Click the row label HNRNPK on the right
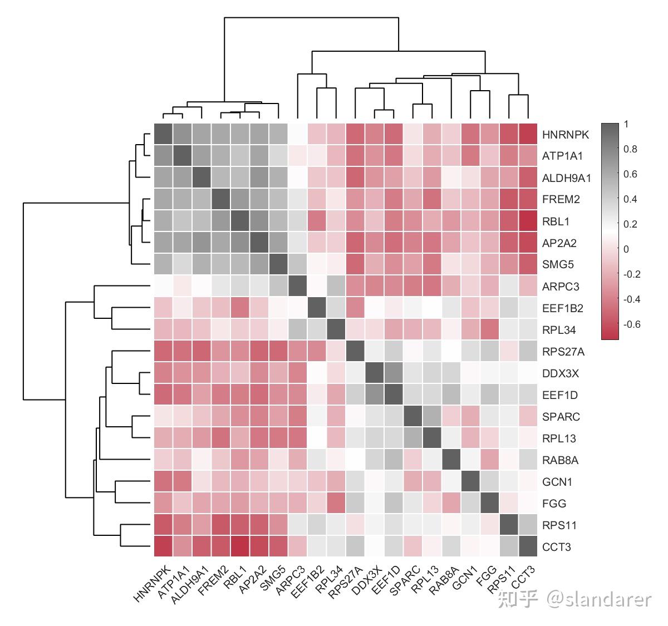click(565, 135)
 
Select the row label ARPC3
click(561, 287)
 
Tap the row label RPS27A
click(563, 352)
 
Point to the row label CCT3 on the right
click(556, 547)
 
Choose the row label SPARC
click(561, 417)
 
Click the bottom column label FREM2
click(213, 580)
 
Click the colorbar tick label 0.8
click(630, 149)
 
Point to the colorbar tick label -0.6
click(631, 324)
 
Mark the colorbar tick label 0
click(626, 249)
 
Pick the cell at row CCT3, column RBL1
click(239, 547)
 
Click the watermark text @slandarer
click(598, 599)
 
